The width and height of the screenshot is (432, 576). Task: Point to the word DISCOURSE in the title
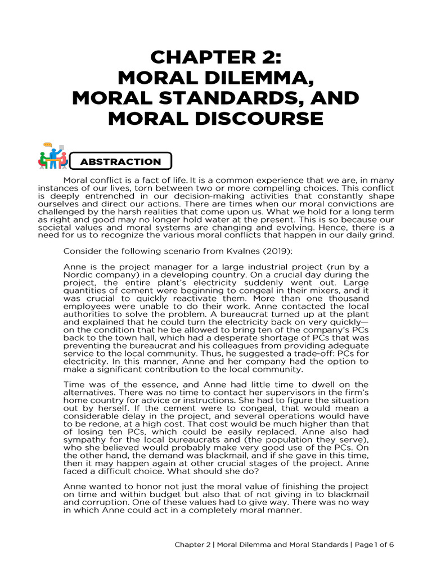[262, 119]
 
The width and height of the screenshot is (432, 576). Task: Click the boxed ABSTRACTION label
[120, 161]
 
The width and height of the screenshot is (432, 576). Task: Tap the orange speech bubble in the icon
[55, 147]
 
